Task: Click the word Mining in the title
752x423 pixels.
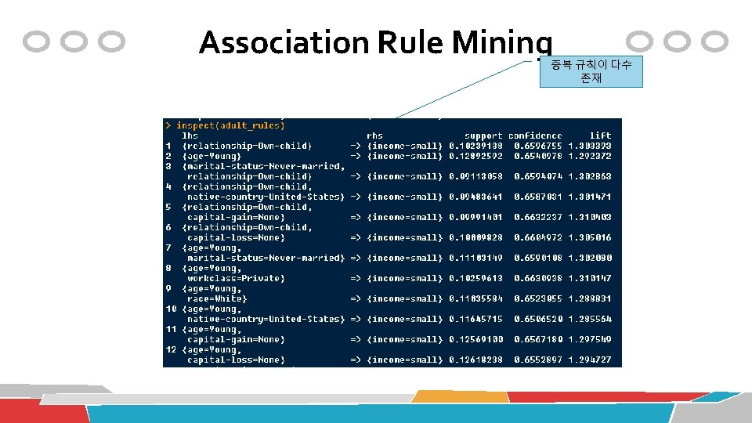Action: tap(502, 42)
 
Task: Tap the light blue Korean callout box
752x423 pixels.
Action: tap(591, 72)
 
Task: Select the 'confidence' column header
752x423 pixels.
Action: tap(535, 136)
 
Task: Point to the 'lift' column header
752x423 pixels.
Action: tap(601, 136)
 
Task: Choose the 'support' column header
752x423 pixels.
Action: tap(483, 136)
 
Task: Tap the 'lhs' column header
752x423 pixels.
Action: tap(190, 136)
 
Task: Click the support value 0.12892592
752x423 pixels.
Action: tap(475, 156)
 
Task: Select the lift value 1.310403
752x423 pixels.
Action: tap(591, 217)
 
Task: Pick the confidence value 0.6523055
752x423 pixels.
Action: tap(538, 298)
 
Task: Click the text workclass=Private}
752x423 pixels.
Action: tap(236, 278)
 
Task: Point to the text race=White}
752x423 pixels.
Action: tap(216, 298)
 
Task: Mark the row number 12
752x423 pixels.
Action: tap(170, 349)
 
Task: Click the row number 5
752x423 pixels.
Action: tap(168, 207)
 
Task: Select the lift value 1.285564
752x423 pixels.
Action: tap(591, 319)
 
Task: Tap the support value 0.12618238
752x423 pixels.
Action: tap(475, 360)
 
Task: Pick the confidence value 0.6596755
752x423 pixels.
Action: tap(538, 146)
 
